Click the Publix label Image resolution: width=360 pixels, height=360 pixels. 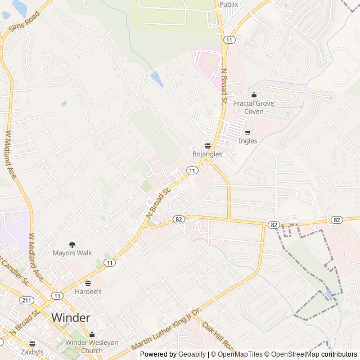[228, 4]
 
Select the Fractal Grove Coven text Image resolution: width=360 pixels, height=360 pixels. [254, 107]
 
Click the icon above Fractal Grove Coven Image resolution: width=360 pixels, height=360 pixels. [254, 94]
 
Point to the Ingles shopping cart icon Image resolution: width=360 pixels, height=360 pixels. [247, 132]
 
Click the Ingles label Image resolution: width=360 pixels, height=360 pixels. [247, 141]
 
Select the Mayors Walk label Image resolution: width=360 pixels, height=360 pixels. [72, 253]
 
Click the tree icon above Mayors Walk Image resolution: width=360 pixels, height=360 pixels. [72, 244]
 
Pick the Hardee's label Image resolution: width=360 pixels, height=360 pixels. [88, 292]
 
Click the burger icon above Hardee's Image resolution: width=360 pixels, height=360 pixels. [88, 283]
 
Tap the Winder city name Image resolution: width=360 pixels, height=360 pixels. [70, 318]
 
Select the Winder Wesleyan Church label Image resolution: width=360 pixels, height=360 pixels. [92, 346]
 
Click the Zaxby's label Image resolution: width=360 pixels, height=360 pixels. [32, 352]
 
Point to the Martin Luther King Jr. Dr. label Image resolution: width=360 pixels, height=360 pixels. [166, 330]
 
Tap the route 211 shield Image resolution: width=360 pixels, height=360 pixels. [26, 300]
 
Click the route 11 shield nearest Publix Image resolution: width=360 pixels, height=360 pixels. [229, 40]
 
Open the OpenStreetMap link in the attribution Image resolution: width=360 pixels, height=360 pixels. [293, 354]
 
